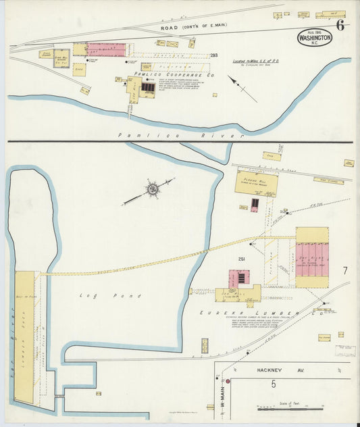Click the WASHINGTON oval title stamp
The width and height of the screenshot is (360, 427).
point(314,38)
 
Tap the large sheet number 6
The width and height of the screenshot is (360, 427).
point(340,26)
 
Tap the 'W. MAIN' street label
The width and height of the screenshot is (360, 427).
point(220,392)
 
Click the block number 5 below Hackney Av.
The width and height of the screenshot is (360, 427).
point(273,384)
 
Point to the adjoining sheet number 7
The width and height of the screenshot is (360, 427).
point(344,270)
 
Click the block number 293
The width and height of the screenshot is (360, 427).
point(213,55)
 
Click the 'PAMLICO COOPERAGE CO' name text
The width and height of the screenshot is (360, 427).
point(165,74)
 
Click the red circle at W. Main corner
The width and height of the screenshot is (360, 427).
point(228,381)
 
